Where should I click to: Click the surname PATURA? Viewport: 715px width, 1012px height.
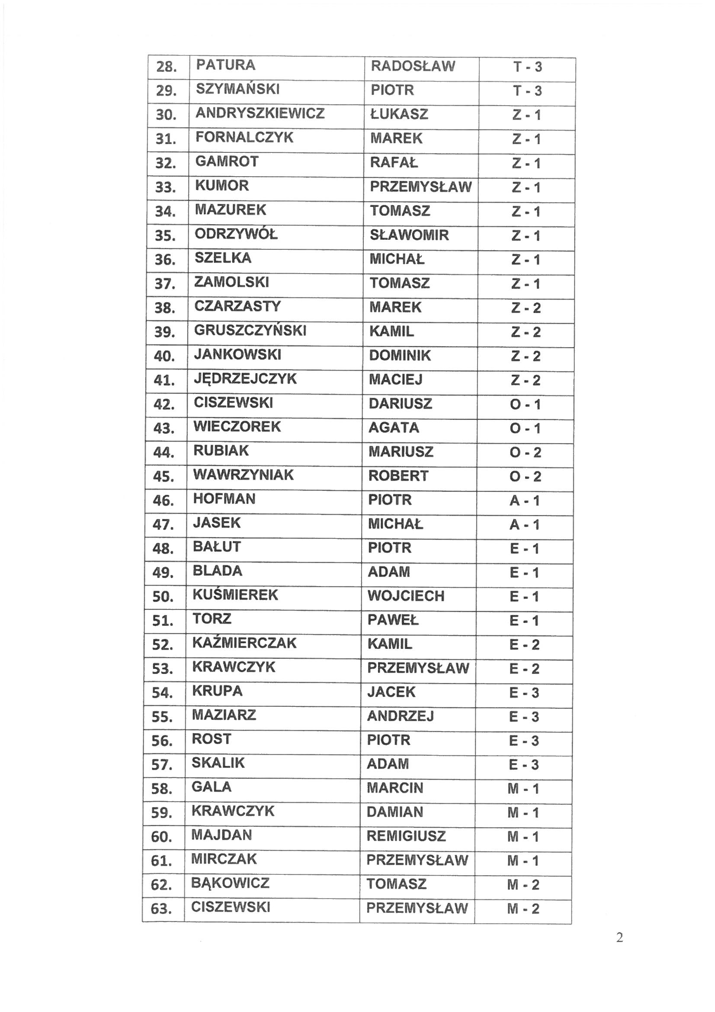pos(225,65)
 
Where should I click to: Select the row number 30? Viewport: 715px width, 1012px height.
pos(166,115)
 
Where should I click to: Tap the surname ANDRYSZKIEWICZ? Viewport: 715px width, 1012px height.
pos(260,113)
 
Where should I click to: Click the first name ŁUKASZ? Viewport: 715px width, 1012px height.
pos(399,115)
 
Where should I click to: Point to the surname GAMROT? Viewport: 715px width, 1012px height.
pos(227,161)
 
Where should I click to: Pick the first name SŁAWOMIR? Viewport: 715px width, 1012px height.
pos(409,235)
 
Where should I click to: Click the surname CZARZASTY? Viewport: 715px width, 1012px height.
pos(237,306)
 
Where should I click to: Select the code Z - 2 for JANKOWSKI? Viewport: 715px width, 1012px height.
pos(526,356)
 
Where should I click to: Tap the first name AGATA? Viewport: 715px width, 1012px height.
pos(394,428)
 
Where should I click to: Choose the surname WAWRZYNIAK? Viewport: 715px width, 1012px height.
pos(243,475)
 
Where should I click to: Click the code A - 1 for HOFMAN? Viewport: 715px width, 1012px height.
pos(525,501)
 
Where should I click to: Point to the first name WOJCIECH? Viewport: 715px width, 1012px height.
pos(406,596)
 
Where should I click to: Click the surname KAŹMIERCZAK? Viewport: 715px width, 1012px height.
pos(244,643)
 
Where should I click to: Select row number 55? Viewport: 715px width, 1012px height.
pos(161,717)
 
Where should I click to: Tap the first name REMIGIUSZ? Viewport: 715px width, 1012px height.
pos(406,836)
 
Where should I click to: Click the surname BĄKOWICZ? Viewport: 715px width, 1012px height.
pos(230,883)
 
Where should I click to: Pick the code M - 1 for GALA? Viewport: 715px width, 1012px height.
pos(523,789)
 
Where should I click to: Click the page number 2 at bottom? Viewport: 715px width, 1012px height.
pos(619,938)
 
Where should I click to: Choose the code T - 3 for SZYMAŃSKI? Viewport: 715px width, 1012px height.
pos(527,91)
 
